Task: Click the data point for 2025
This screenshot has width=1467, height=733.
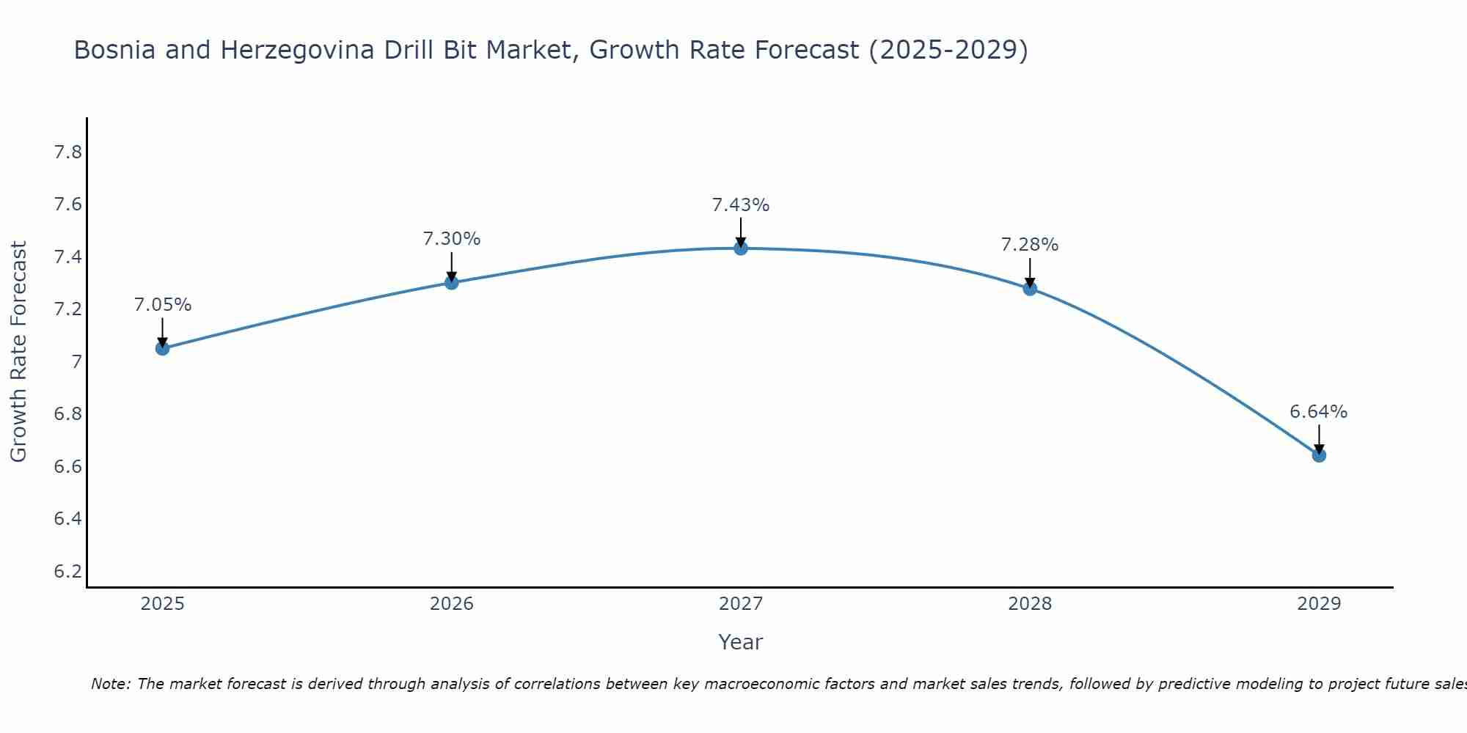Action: tap(163, 348)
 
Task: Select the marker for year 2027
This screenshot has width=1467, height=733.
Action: tap(741, 248)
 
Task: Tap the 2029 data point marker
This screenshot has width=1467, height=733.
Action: tap(1319, 455)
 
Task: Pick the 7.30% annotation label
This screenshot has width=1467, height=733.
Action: tap(452, 239)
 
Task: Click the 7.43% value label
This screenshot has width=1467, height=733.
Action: tap(741, 205)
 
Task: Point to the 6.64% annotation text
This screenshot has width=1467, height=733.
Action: tap(1319, 412)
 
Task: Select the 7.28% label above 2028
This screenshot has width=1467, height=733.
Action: tap(1030, 245)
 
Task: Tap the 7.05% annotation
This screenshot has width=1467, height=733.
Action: tap(163, 305)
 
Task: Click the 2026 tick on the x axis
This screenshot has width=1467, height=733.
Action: tap(452, 604)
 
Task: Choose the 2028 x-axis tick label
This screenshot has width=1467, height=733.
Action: tap(1030, 604)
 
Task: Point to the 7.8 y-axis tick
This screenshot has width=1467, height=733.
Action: tap(68, 152)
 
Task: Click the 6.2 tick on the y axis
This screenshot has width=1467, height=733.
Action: tap(68, 571)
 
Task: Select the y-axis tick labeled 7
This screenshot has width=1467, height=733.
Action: tap(76, 361)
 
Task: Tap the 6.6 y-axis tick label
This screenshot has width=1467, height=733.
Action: tap(68, 466)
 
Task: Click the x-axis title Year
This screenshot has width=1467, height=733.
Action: tap(741, 642)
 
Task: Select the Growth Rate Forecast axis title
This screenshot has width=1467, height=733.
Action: tap(18, 352)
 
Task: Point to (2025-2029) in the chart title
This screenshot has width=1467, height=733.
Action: tap(948, 50)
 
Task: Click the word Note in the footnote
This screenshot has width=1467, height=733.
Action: tap(110, 684)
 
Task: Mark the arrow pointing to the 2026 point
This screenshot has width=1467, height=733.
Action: tap(452, 268)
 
